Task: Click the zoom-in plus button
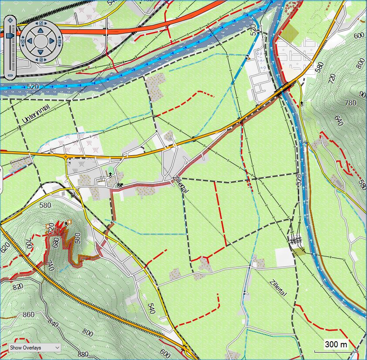coord(11,20)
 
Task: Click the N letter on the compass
coord(41,23)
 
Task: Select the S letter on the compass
coord(41,59)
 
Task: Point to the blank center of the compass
coord(41,41)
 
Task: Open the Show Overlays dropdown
coord(34,347)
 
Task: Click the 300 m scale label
coord(336,345)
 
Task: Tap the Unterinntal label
coord(36,113)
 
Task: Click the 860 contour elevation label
coord(28,315)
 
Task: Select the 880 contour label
coord(82,355)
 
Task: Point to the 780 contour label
coord(351,103)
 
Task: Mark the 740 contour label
coord(49,265)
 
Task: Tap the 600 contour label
coord(165,353)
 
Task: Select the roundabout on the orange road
coord(65,156)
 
